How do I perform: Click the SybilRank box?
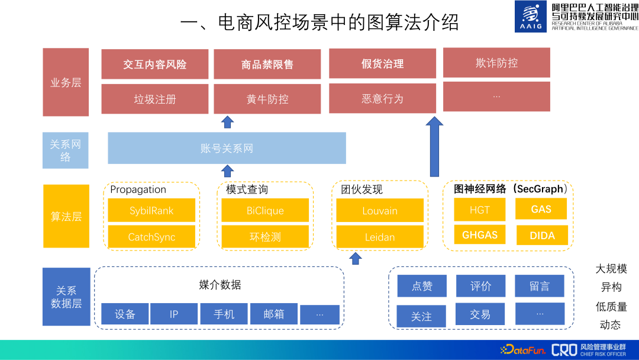(x=151, y=211)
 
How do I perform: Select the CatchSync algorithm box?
(x=151, y=237)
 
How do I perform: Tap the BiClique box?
(x=265, y=211)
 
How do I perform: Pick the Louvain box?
(x=380, y=211)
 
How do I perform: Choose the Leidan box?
(x=380, y=237)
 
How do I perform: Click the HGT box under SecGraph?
(x=480, y=210)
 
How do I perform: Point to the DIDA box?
(x=542, y=235)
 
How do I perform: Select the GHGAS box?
(x=480, y=235)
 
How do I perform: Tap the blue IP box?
(x=174, y=314)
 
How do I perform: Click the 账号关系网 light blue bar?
(x=227, y=148)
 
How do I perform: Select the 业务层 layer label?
(x=66, y=82)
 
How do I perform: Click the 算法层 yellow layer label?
(x=66, y=216)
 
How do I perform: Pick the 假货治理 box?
(x=382, y=64)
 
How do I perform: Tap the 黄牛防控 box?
(x=267, y=99)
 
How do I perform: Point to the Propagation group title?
(x=138, y=189)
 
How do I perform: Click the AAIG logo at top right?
(x=531, y=17)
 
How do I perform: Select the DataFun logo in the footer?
(x=522, y=349)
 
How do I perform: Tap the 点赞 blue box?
(x=422, y=286)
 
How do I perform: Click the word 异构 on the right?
(x=611, y=287)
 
